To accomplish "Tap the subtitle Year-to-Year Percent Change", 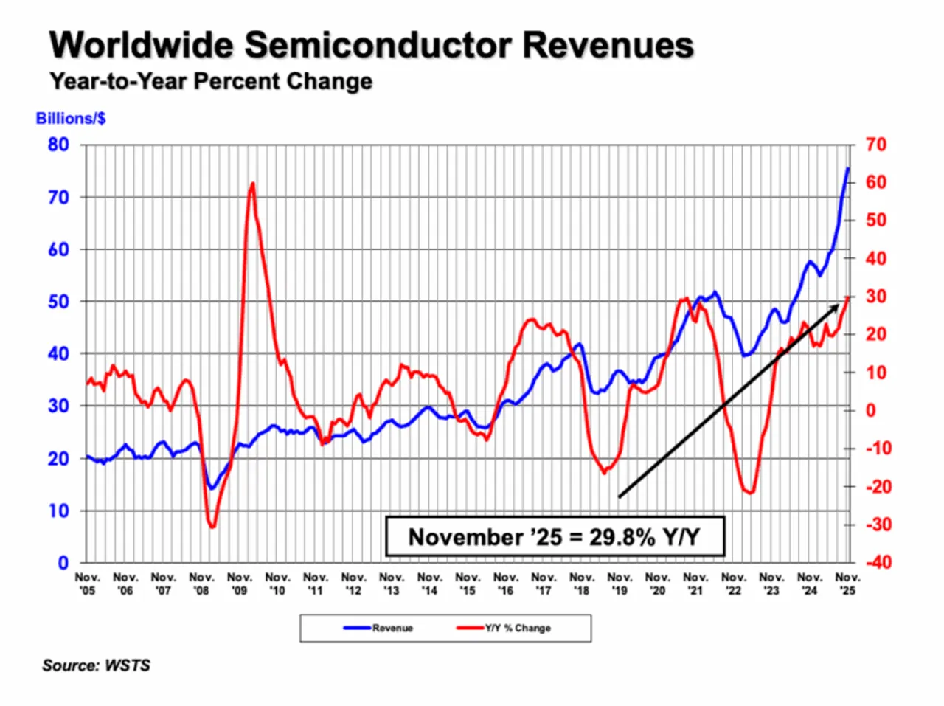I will [x=211, y=81].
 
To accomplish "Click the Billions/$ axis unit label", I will [x=71, y=119].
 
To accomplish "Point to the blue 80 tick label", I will [x=58, y=145].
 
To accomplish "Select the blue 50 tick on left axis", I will [x=58, y=302].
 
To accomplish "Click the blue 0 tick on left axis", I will [x=63, y=563].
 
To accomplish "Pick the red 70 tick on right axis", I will [x=875, y=145].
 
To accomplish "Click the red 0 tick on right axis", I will [x=871, y=410].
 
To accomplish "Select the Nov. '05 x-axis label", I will [x=87, y=584].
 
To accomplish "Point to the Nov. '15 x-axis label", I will [x=468, y=584].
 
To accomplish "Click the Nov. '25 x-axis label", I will [x=847, y=584].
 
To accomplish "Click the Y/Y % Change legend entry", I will [x=517, y=629].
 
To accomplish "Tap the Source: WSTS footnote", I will [x=96, y=665].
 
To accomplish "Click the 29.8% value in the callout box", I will [x=621, y=536].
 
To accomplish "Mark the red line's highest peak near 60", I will [x=252, y=184].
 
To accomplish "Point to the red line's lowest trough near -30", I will [x=212, y=526].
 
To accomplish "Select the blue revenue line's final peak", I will [x=847, y=169].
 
